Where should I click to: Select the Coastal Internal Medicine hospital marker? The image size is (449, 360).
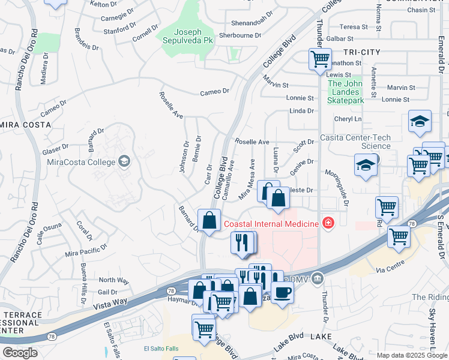[x=328, y=224]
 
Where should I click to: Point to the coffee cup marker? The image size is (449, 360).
[x=283, y=292]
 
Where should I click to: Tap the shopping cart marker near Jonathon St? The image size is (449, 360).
[x=320, y=59]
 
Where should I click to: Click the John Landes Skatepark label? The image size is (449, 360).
[x=345, y=92]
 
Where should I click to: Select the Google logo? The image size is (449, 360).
[x=20, y=353]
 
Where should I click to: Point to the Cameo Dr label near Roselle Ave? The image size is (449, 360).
[x=215, y=91]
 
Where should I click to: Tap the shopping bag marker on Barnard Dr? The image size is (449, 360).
[x=209, y=220]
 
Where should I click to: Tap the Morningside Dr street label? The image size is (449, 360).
[x=345, y=191]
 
